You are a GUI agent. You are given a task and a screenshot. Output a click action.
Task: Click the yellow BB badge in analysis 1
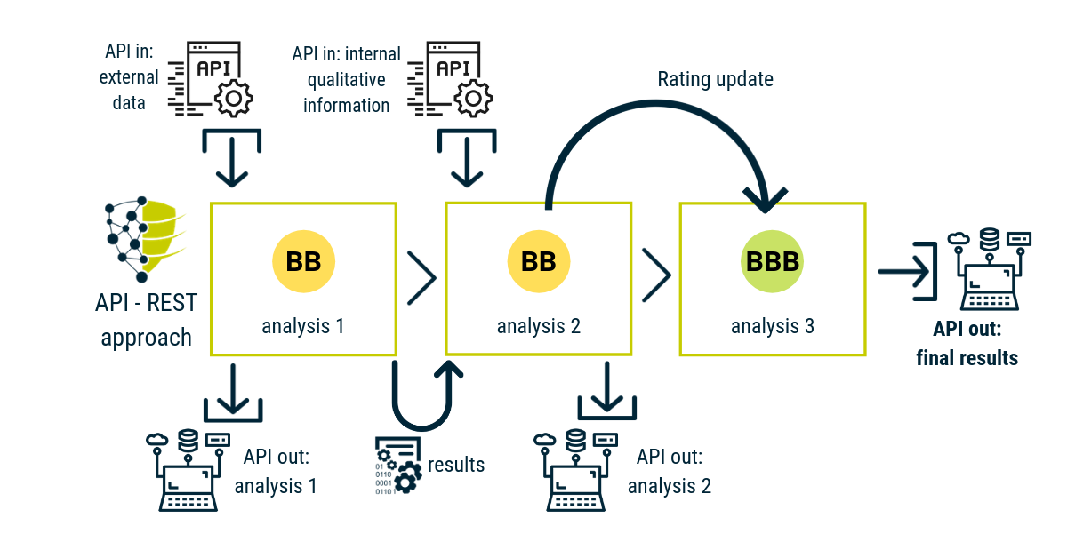point(303,261)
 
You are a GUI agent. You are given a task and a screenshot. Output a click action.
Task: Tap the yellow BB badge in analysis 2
point(538,261)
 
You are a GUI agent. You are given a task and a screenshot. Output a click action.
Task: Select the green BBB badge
point(772,261)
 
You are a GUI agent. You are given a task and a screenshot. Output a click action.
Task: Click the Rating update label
point(715,79)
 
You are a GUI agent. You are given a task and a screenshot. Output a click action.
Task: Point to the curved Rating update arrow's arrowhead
point(765,200)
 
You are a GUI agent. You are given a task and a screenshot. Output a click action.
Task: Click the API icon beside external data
point(210,79)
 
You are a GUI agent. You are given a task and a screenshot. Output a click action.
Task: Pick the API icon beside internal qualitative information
point(450,79)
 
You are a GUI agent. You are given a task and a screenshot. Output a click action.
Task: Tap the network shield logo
point(143,239)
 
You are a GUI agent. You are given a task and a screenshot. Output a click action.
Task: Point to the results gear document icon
point(398,466)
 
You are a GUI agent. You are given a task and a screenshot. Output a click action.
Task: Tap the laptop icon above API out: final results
point(990,269)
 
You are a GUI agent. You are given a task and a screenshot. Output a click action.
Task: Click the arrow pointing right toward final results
point(904,272)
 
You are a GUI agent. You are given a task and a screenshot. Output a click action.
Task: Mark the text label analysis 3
point(773,327)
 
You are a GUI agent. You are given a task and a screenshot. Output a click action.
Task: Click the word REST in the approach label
point(172,303)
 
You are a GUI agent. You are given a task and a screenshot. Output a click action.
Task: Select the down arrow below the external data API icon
point(232,162)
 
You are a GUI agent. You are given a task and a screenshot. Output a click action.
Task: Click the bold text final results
point(967,358)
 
